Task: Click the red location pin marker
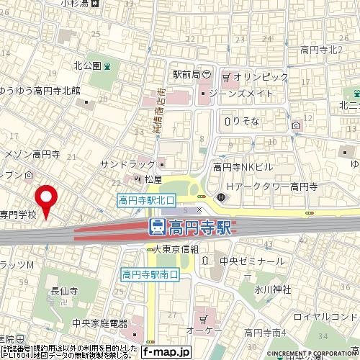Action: [x=48, y=199]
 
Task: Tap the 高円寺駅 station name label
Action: [x=199, y=228]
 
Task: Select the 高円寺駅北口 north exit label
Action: [x=145, y=202]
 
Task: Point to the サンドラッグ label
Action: [x=127, y=164]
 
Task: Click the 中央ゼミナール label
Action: [x=252, y=261]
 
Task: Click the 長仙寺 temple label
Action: [x=64, y=292]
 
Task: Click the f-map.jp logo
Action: [x=166, y=351]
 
